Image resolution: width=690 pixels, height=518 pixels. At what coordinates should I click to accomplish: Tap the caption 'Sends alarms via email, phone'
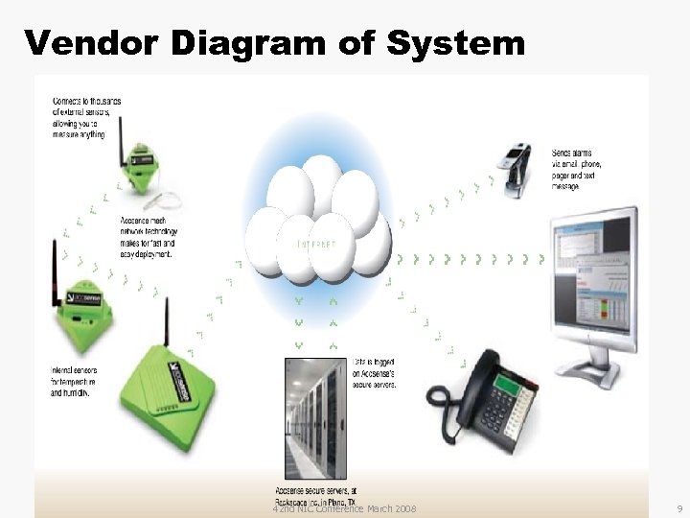click(579, 169)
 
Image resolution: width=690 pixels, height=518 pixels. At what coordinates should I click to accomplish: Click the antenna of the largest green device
click(166, 322)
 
